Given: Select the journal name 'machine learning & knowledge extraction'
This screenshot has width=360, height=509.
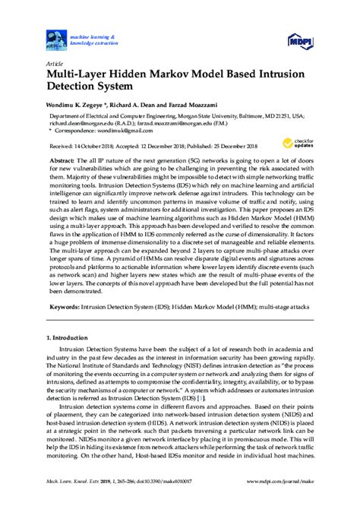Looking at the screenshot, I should pyautogui.click(x=90, y=39).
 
